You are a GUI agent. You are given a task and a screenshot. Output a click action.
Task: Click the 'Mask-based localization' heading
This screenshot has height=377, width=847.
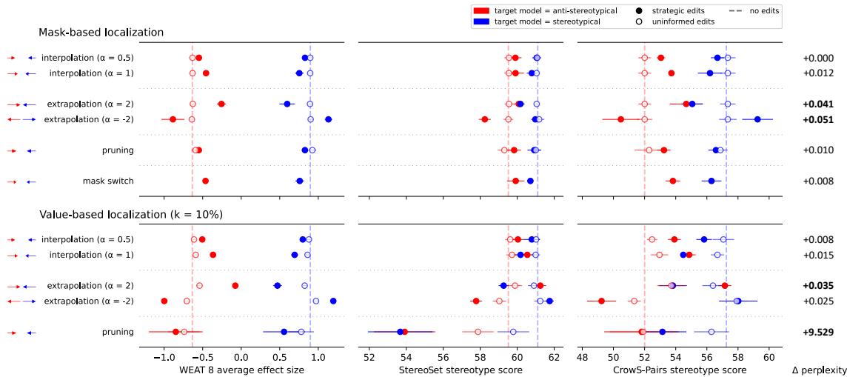tap(101, 33)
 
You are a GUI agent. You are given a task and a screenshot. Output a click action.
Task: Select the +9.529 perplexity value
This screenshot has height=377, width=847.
tap(818, 333)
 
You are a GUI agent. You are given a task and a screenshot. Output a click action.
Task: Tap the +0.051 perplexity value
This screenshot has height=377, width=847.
tap(818, 119)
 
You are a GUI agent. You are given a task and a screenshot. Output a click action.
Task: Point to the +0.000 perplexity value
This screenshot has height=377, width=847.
tap(818, 58)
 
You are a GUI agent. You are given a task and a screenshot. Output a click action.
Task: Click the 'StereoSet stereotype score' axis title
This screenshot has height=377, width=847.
tap(461, 369)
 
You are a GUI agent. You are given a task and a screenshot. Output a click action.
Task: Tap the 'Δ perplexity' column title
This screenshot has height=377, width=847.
tap(818, 369)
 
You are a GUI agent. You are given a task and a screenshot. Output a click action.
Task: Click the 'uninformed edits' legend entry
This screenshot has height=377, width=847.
tap(681, 21)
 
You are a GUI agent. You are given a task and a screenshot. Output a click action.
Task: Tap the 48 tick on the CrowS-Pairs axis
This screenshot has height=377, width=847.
tap(582, 356)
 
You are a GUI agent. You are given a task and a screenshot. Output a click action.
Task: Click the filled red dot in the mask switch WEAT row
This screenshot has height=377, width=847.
tap(205, 181)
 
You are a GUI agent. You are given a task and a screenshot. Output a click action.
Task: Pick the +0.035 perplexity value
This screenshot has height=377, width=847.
tap(818, 286)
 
